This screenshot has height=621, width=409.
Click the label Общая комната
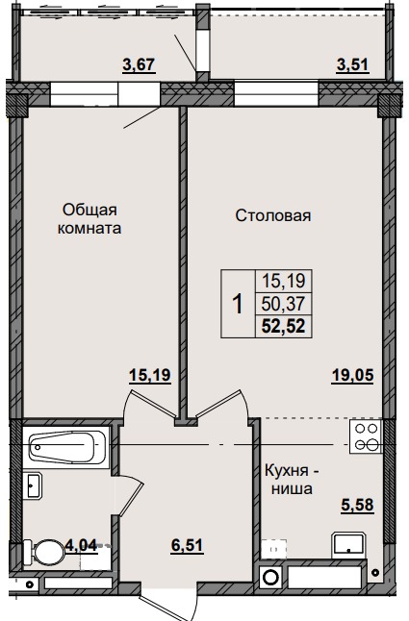tap(92, 219)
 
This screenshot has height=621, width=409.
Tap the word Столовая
tap(273, 215)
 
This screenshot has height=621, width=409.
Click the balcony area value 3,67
tap(139, 64)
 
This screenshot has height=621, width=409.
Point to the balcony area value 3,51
tap(352, 64)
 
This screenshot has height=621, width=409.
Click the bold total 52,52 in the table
tap(278, 326)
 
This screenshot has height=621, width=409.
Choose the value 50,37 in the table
tap(278, 304)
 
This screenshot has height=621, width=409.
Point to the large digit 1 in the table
tap(237, 304)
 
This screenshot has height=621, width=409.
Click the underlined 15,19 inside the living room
tap(150, 377)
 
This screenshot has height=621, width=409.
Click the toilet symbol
tap(44, 553)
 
